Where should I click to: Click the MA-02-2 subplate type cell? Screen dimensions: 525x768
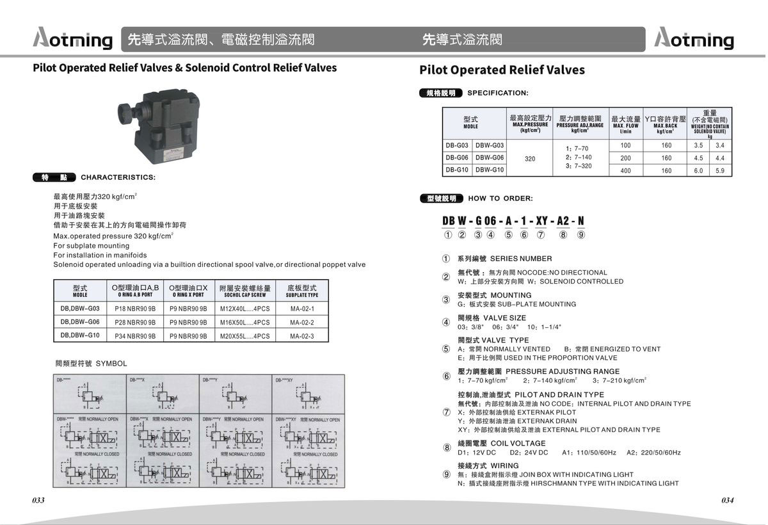pyautogui.click(x=302, y=323)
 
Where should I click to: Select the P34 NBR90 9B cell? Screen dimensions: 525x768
pyautogui.click(x=135, y=336)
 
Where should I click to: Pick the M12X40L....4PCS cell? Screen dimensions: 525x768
pyautogui.click(x=244, y=309)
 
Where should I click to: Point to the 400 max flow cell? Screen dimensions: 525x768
pyautogui.click(x=625, y=171)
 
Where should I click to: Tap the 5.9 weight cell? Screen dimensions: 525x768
pyautogui.click(x=720, y=171)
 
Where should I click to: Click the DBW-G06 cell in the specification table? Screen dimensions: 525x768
pyautogui.click(x=490, y=158)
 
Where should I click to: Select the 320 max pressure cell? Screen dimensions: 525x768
pyautogui.click(x=530, y=158)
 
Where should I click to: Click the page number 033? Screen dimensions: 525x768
pyautogui.click(x=38, y=501)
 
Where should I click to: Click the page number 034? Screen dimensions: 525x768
pyautogui.click(x=727, y=501)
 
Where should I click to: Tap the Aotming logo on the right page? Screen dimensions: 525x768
pyautogui.click(x=695, y=40)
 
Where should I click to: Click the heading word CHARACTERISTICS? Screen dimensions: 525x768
pyautogui.click(x=118, y=178)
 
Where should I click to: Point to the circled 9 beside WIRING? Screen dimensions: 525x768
pyautogui.click(x=446, y=474)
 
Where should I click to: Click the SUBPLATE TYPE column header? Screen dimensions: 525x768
pyautogui.click(x=302, y=291)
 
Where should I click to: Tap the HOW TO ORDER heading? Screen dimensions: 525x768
pyautogui.click(x=500, y=198)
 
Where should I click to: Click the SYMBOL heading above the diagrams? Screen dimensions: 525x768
pyautogui.click(x=111, y=364)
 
